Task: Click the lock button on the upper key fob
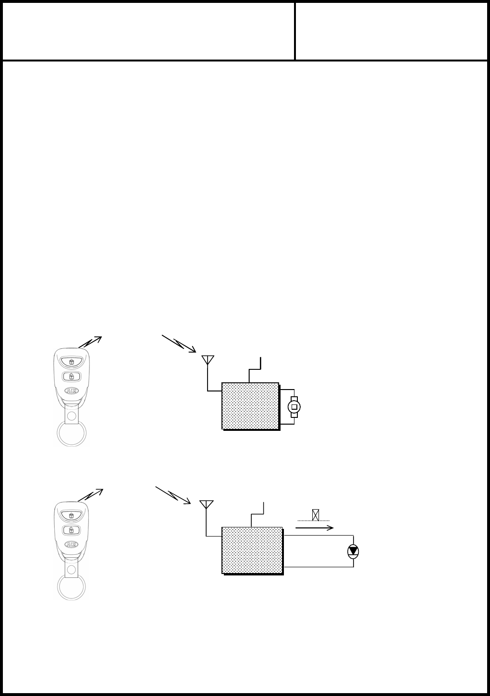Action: click(x=71, y=361)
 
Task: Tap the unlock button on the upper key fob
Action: click(x=71, y=376)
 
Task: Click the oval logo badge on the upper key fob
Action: click(x=71, y=391)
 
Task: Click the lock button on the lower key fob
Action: click(x=71, y=515)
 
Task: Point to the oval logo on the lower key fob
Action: click(x=71, y=545)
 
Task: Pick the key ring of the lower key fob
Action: click(x=72, y=586)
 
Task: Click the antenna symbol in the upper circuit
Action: click(x=207, y=361)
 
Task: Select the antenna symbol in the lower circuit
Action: click(x=206, y=505)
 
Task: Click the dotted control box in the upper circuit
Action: click(x=250, y=406)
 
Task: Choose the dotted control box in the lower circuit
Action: click(x=252, y=550)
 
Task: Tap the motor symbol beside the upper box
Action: click(x=294, y=407)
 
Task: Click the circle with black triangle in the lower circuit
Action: click(x=354, y=551)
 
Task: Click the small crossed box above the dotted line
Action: click(x=315, y=515)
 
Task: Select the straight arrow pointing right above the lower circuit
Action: click(x=314, y=527)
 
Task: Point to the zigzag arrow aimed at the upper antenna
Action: click(x=179, y=343)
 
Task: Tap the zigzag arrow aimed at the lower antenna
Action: click(x=173, y=495)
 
